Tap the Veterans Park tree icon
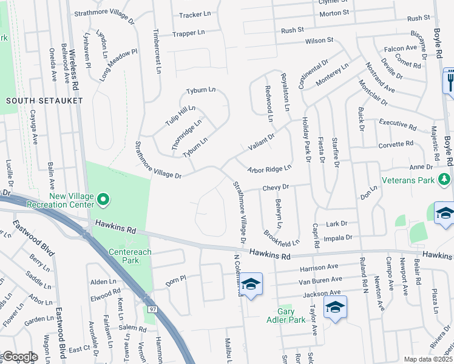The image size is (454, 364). [445, 180]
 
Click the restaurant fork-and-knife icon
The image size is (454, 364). [450, 79]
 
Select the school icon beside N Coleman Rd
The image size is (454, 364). [250, 284]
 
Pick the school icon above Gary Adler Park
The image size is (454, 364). [334, 306]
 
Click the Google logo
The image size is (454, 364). [20, 357]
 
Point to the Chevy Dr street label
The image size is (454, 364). [276, 187]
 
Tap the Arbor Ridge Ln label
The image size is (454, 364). [269, 169]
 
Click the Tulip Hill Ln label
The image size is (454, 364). [180, 116]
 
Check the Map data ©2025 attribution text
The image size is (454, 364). [428, 359]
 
